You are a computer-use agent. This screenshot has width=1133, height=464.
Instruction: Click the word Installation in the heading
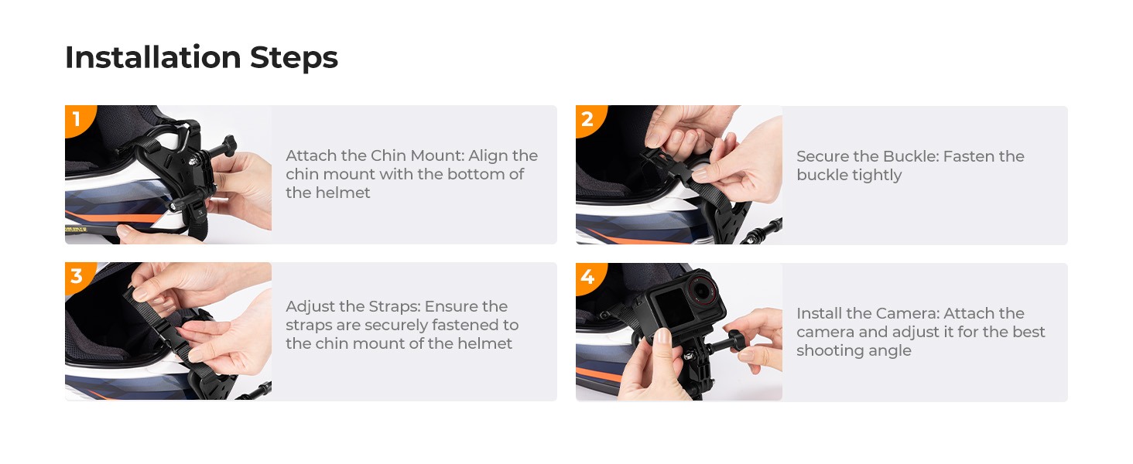tap(152, 58)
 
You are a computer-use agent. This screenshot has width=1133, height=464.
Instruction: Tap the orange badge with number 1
tap(77, 118)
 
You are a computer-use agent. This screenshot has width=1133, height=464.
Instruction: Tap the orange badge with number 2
tap(587, 119)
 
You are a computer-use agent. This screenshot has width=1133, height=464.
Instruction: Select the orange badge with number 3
tap(77, 275)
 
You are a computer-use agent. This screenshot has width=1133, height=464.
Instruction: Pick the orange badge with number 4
tap(587, 276)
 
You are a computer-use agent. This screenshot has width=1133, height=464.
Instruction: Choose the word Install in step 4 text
tap(822, 313)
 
